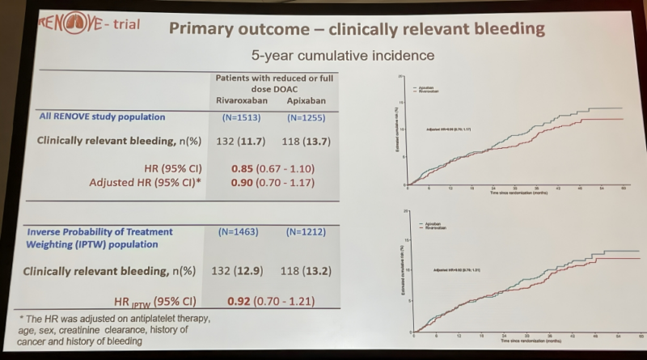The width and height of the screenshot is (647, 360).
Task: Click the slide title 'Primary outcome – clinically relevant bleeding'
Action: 355,29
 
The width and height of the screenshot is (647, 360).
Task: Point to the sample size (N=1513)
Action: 241,117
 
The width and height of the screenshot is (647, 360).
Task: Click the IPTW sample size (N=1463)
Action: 240,232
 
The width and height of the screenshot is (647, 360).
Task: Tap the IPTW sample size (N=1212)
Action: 301,233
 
